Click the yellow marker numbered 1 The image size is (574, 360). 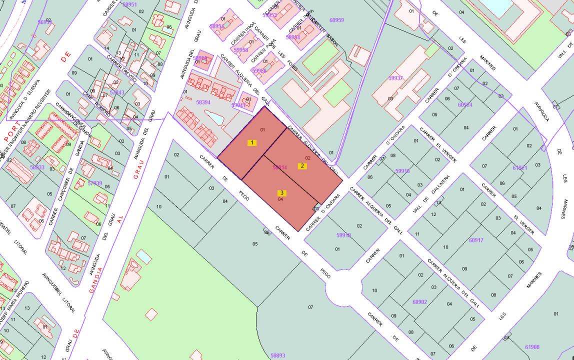[x=252, y=142]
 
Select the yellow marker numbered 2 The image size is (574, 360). [x=302, y=166]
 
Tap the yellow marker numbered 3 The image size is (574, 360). [x=282, y=193]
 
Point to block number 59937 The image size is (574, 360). [x=395, y=78]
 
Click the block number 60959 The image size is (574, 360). [x=336, y=20]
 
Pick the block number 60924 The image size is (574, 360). [x=465, y=104]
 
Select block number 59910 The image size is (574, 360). [x=402, y=171]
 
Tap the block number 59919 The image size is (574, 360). [x=343, y=235]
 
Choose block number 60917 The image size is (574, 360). [x=476, y=240]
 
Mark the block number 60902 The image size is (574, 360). [x=420, y=302]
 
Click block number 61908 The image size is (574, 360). [x=532, y=346]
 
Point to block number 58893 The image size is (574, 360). [x=277, y=355]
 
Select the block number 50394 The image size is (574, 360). [x=203, y=102]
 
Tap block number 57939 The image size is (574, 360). [x=94, y=183]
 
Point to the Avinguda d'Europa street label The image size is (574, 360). [x=30, y=104]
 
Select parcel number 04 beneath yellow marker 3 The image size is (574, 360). [x=280, y=199]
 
